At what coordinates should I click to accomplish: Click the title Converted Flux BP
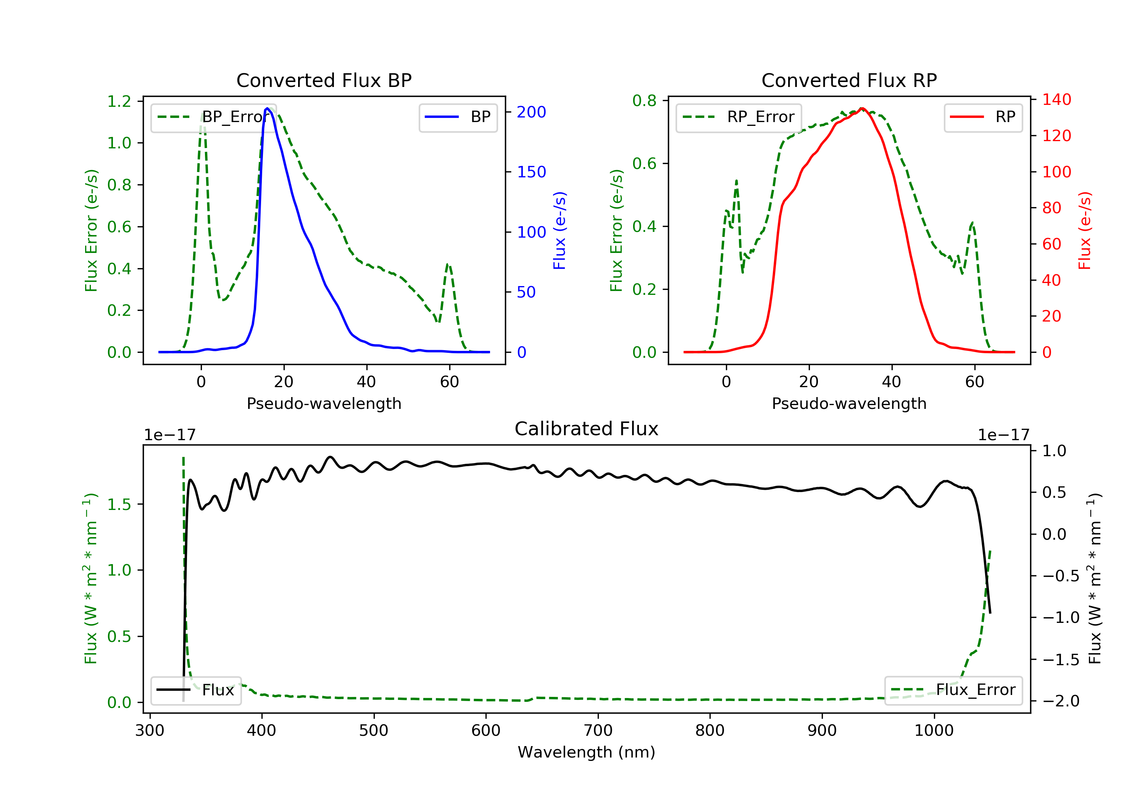(x=324, y=80)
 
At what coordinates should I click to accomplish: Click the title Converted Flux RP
(x=849, y=80)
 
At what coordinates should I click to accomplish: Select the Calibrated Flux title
(x=587, y=429)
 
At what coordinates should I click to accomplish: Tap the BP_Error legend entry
(x=213, y=117)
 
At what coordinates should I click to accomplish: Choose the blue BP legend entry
(x=458, y=117)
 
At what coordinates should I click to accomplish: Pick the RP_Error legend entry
(x=738, y=117)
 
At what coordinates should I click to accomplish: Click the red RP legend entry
(x=983, y=117)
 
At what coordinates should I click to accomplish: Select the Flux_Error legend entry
(x=953, y=690)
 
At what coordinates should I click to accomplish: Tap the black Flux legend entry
(x=195, y=690)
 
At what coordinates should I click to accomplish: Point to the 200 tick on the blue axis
(x=531, y=112)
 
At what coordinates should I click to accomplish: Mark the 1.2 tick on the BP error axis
(x=119, y=102)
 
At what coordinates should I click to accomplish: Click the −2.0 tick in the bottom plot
(x=1061, y=701)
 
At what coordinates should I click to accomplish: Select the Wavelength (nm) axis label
(x=587, y=752)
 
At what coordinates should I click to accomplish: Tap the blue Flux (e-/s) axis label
(x=560, y=231)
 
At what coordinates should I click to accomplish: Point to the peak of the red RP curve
(x=862, y=108)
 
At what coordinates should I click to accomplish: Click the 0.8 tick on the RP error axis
(x=644, y=101)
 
